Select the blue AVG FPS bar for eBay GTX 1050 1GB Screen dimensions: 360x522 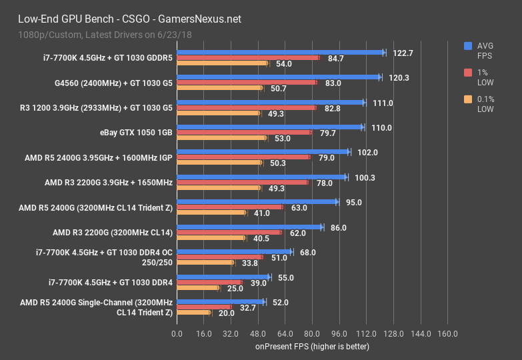[x=269, y=127]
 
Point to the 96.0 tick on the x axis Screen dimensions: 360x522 [x=339, y=333]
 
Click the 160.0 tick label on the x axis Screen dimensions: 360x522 [x=447, y=333]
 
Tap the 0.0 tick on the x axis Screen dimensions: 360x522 [x=176, y=333]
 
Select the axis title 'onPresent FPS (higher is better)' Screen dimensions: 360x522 [x=311, y=347]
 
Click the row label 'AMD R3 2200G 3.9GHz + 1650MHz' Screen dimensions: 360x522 [x=109, y=182]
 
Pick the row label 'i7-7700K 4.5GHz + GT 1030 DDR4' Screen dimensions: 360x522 [x=111, y=283]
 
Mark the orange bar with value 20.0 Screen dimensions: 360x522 [x=193, y=313]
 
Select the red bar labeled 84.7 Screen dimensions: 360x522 [x=247, y=58]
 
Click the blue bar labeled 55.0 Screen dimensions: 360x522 [x=223, y=277]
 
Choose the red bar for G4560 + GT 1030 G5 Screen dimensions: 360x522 [x=246, y=83]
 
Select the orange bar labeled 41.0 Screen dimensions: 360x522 [x=211, y=213]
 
